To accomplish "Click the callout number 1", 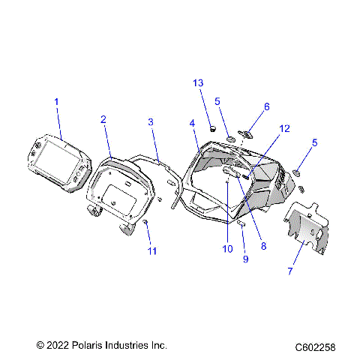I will click(55, 101).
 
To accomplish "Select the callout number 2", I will click(103, 119).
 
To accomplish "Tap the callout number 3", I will click(151, 121).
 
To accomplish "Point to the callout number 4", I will click(192, 122).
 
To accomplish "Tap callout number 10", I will click(228, 249).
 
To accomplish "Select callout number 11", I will click(152, 250).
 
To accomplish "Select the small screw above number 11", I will click(145, 223).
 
